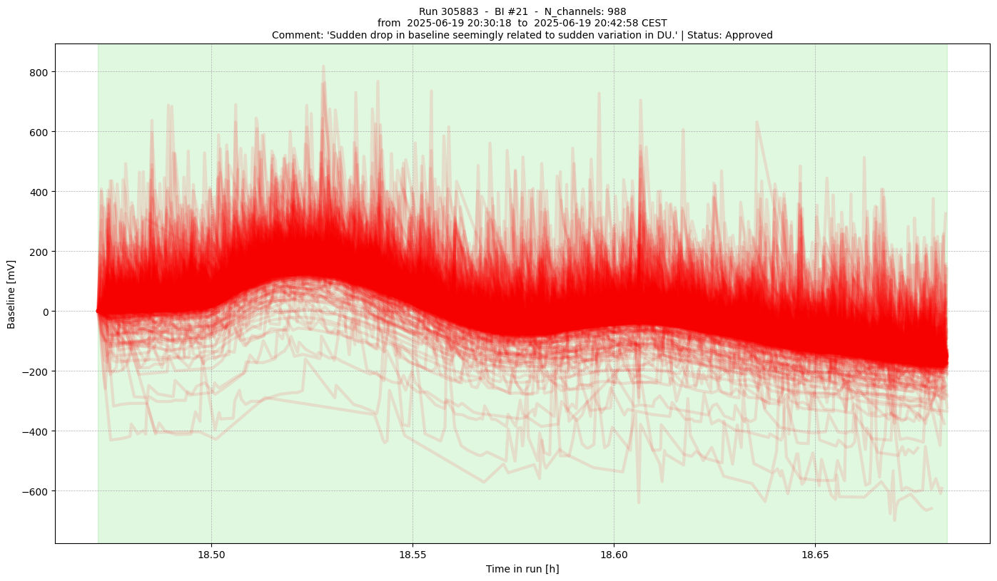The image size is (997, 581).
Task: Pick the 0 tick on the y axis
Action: (45, 312)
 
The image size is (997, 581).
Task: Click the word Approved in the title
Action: (748, 35)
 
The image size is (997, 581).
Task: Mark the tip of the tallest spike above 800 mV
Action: (323, 66)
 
